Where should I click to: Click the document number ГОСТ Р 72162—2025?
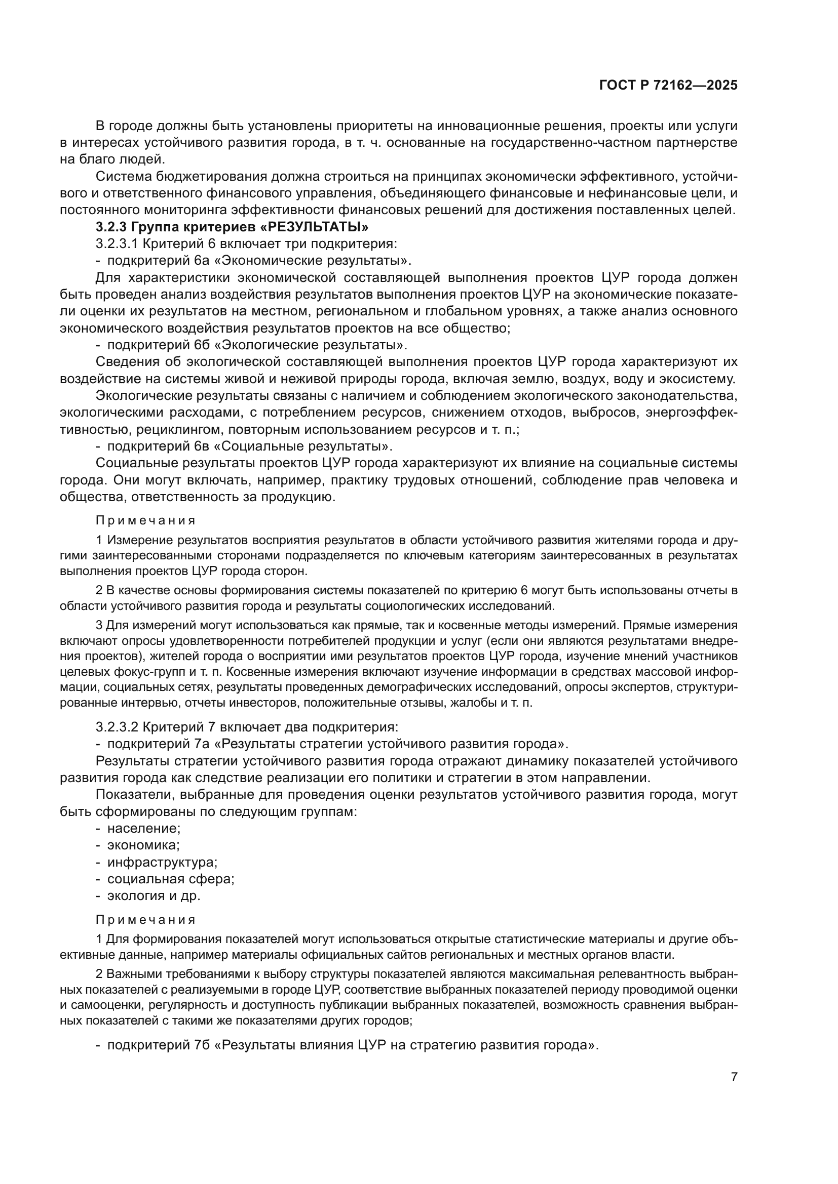point(668,86)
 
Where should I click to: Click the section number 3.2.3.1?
point(117,244)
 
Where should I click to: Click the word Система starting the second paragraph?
point(122,176)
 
